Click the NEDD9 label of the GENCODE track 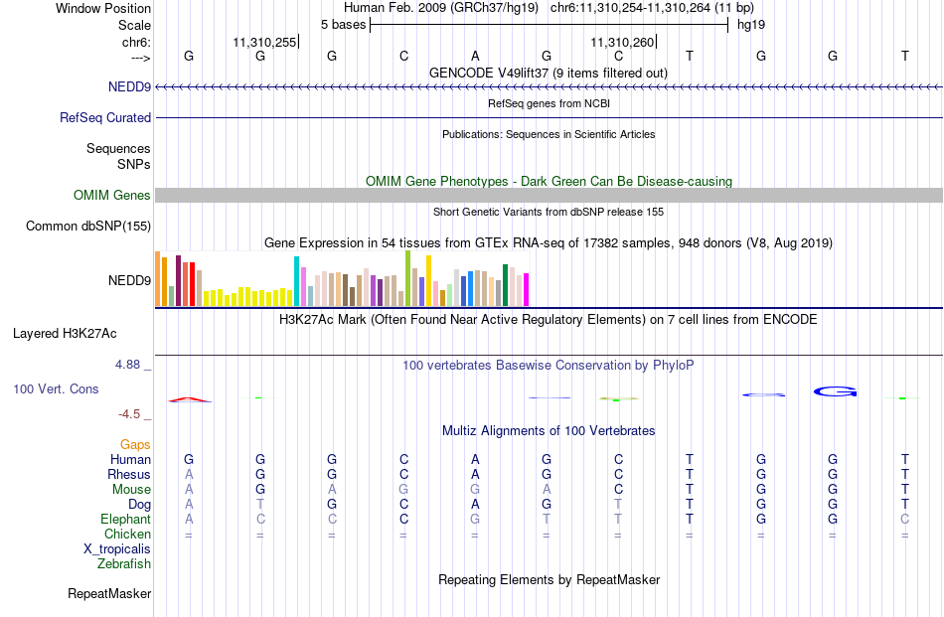(129, 86)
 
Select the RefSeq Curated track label (105, 117)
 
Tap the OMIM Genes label (112, 195)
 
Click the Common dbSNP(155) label (88, 226)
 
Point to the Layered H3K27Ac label (65, 334)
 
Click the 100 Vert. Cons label (56, 388)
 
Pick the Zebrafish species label (124, 564)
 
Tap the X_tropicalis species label (117, 549)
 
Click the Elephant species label (126, 519)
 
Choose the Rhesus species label (129, 474)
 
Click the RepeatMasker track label (109, 593)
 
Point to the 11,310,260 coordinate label (622, 42)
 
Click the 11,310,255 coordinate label (265, 42)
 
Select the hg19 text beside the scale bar (751, 25)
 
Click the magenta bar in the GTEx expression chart (527, 289)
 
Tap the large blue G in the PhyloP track (835, 391)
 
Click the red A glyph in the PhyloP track (190, 399)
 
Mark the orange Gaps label (135, 444)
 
